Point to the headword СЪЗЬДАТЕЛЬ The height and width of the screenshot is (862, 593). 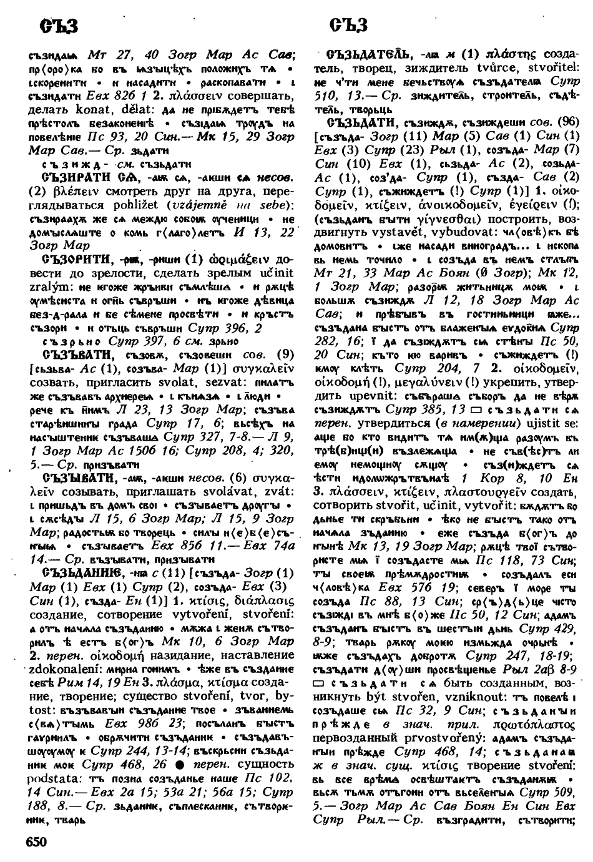coord(371,52)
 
